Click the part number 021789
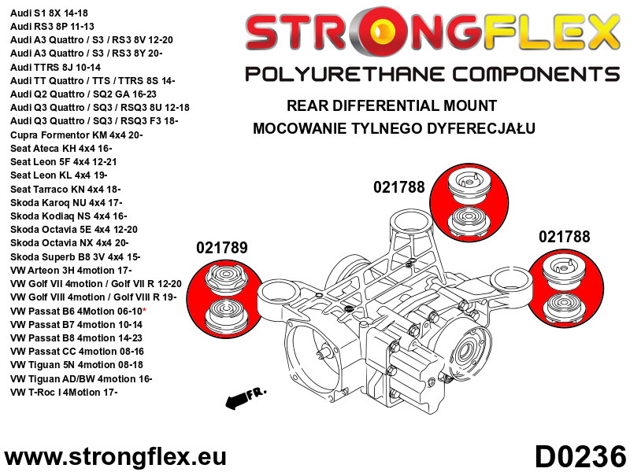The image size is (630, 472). [221, 248]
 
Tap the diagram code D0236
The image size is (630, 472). [580, 456]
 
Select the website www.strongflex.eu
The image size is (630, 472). [116, 457]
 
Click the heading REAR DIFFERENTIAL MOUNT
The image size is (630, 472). [391, 105]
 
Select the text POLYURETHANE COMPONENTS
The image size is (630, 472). [432, 74]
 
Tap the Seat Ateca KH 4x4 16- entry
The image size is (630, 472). [61, 148]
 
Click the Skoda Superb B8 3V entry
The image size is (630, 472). [76, 256]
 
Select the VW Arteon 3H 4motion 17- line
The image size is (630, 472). [82, 270]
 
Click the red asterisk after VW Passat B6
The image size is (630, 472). [166, 312]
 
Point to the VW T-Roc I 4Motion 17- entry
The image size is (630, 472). [75, 392]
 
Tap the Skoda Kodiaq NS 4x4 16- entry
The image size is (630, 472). [69, 216]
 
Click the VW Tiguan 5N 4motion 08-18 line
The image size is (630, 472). [77, 365]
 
